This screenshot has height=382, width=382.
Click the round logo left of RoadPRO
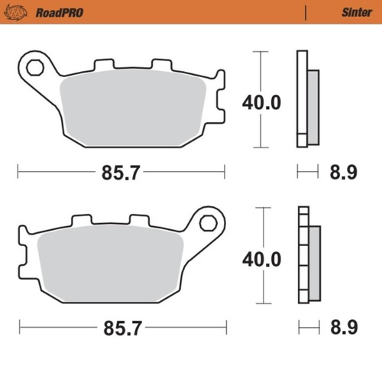tap(20, 12)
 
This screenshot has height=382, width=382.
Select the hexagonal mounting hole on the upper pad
tap(34, 67)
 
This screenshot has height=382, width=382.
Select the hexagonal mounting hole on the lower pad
tap(206, 223)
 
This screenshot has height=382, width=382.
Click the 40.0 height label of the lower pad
tap(261, 259)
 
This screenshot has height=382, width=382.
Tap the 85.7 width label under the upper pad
tap(121, 173)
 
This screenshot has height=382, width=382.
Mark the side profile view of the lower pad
tap(308, 256)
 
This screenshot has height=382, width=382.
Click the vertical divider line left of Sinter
tap(306, 13)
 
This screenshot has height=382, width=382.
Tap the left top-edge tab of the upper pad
tap(100, 65)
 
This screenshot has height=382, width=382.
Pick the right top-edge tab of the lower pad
tap(140, 220)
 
